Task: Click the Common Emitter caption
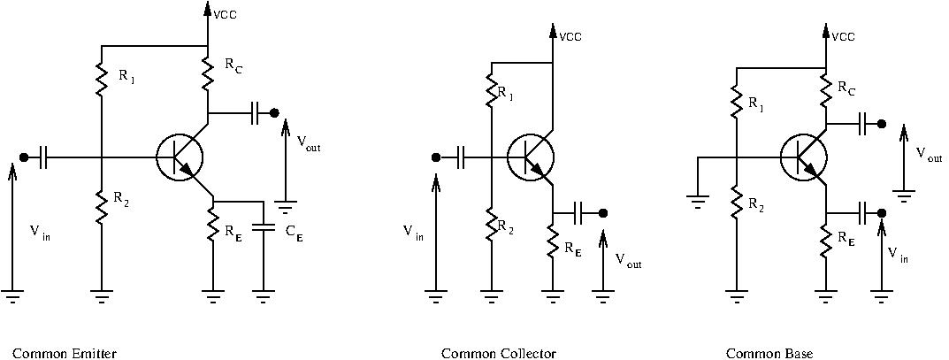pos(65,353)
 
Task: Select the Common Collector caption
pos(498,353)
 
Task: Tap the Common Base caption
pos(769,353)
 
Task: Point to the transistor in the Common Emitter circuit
pos(180,158)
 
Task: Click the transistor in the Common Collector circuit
pos(530,158)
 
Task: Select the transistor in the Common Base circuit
pos(804,158)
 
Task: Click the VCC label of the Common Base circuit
pos(844,37)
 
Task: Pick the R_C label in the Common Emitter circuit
pos(234,66)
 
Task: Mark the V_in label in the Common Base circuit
pos(898,254)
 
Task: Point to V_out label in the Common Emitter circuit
pos(309,143)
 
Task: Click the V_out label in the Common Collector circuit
pos(628,261)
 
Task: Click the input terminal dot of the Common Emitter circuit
pos(24,157)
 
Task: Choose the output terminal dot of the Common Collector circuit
pos(603,213)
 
